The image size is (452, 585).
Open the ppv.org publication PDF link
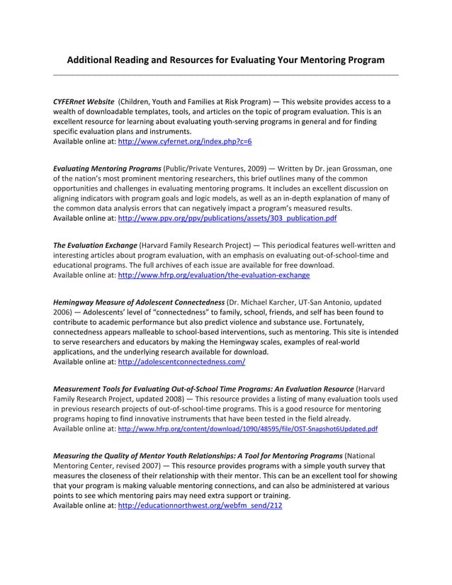[226, 219]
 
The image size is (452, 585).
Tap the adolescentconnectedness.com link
[181, 361]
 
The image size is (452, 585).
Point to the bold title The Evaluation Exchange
[96, 245]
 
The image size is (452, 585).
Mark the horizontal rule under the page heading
[226, 74]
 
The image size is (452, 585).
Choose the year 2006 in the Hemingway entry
[64, 312]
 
